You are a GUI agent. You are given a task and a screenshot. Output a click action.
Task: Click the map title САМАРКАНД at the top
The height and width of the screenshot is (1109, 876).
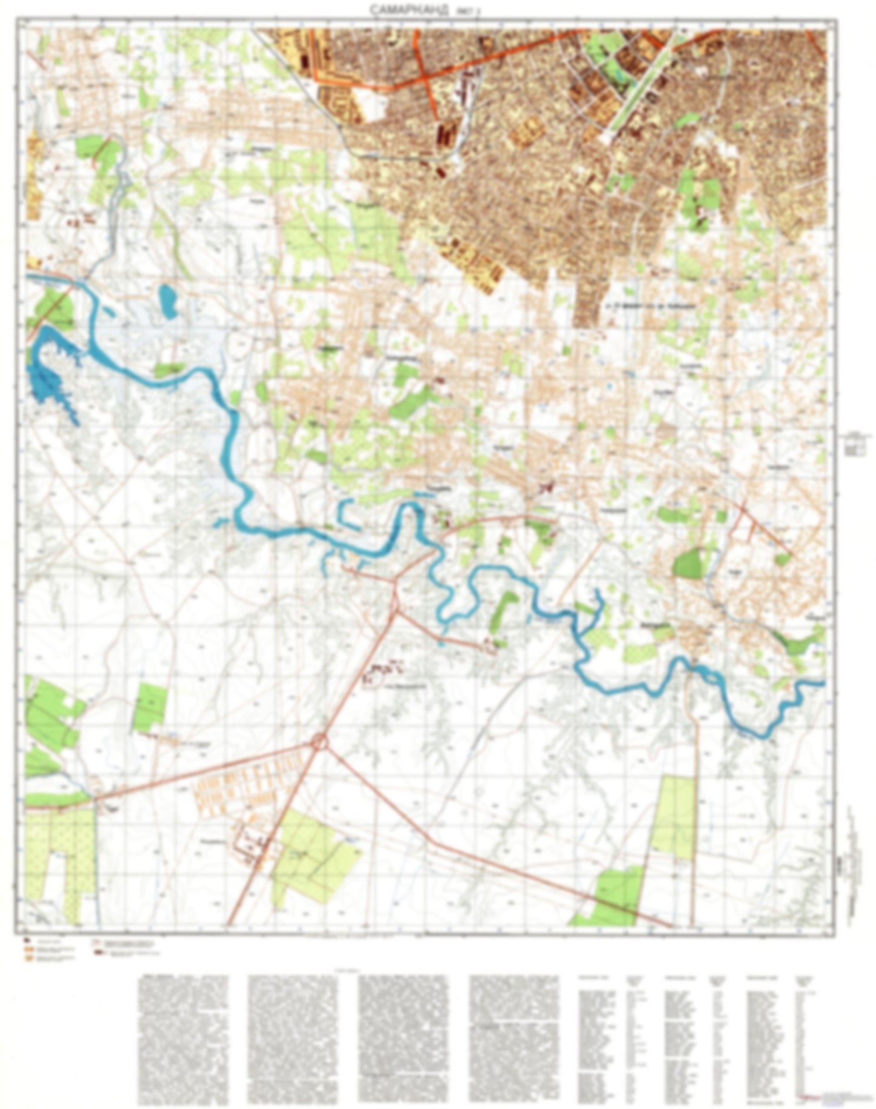click(x=402, y=10)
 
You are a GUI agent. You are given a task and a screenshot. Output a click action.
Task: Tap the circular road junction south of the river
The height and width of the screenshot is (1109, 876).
click(x=319, y=741)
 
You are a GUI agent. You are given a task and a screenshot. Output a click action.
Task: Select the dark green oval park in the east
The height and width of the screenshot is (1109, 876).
click(x=686, y=564)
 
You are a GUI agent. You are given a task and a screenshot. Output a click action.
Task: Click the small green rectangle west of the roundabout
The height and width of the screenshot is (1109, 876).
click(x=149, y=706)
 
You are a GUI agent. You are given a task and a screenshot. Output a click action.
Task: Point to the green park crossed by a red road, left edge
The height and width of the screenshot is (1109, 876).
click(x=55, y=306)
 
